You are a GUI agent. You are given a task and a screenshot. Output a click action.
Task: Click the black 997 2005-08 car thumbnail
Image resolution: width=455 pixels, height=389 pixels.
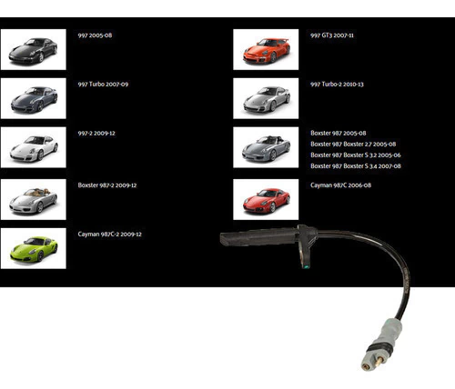(34, 49)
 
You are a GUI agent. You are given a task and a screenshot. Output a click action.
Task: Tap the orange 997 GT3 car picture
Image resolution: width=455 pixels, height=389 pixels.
(266, 49)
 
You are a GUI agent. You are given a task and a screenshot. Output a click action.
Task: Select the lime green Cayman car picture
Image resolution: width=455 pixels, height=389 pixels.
(34, 248)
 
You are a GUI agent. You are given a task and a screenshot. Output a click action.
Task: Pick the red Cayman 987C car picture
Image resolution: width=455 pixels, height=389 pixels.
(266, 199)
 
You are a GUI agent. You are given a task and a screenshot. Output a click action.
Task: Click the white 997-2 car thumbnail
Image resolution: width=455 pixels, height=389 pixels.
(34, 147)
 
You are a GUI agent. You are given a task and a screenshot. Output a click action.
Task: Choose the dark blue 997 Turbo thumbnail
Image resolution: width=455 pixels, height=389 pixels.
(34, 98)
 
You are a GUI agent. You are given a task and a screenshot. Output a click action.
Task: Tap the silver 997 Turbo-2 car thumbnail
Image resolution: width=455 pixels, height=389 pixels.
(266, 98)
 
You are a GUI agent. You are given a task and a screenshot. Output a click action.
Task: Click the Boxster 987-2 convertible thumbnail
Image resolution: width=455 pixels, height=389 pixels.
(34, 199)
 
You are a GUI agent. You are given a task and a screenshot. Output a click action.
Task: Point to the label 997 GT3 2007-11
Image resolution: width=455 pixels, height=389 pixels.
(332, 35)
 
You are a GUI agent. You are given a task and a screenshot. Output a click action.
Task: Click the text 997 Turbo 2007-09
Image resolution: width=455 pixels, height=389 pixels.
(103, 85)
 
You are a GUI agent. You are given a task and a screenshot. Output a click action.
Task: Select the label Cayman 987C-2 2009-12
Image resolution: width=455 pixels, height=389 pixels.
(109, 234)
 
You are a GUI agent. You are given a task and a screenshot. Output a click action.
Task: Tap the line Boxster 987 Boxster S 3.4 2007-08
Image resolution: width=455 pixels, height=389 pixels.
(356, 166)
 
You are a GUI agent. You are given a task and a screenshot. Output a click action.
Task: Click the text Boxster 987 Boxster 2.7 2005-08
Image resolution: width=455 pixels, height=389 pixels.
(353, 145)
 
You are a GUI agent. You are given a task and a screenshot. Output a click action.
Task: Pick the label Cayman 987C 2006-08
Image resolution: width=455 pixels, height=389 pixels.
(340, 185)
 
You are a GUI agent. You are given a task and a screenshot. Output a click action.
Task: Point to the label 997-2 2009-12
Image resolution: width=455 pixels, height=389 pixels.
(96, 134)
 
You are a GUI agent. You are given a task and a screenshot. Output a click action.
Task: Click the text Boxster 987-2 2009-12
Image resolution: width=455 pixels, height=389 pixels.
(107, 185)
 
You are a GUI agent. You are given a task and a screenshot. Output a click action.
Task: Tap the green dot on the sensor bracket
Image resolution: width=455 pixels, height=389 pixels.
(306, 267)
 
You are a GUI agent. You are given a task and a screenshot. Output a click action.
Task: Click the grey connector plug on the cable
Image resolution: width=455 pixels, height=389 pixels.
(381, 344)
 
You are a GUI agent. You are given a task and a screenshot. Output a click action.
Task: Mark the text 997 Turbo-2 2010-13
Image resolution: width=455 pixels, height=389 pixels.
(337, 85)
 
